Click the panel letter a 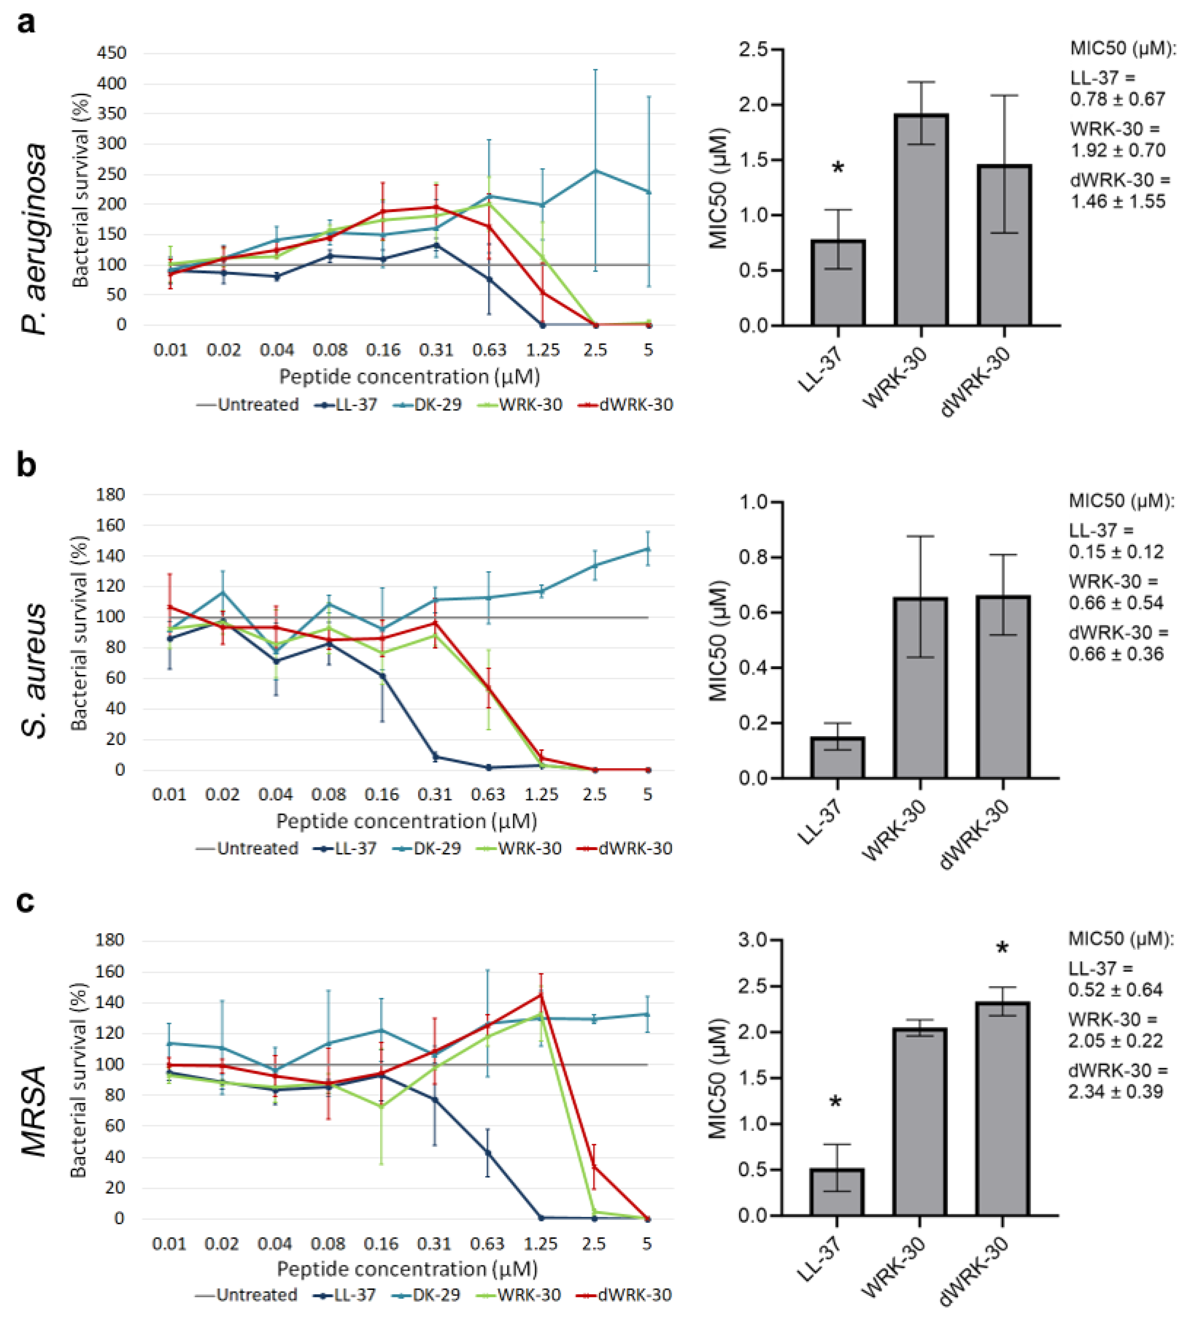click(26, 23)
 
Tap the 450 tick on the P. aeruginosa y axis click(111, 53)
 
